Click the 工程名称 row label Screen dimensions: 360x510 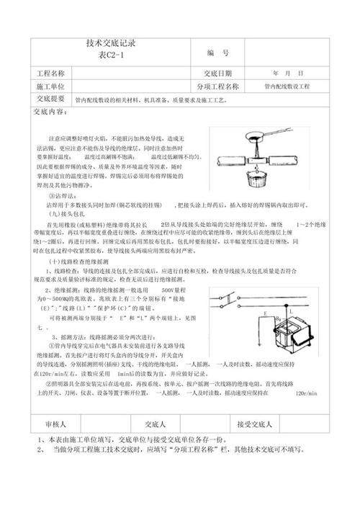tap(50, 73)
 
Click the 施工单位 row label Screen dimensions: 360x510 tap(50, 86)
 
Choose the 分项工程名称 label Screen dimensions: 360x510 tap(217, 86)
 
